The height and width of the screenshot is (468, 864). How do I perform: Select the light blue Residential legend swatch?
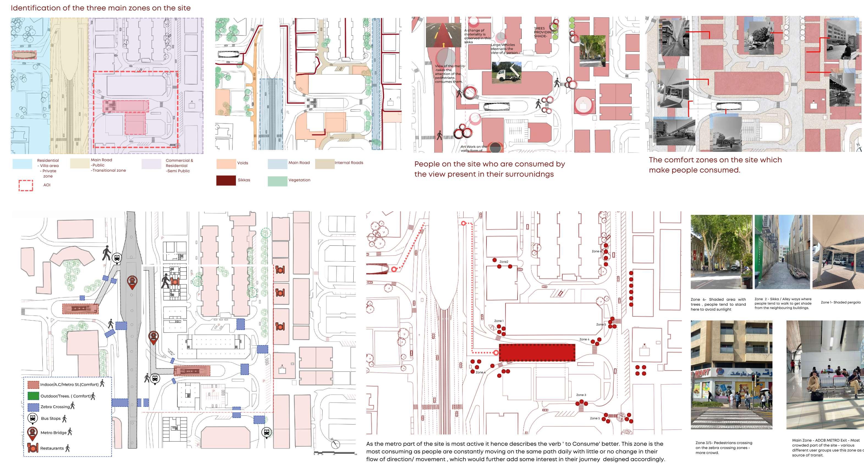tap(22, 164)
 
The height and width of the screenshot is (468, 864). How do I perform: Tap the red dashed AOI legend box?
tap(26, 185)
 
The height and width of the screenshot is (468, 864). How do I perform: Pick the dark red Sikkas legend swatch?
tap(226, 180)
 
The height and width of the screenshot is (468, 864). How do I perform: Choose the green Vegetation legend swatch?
tap(277, 181)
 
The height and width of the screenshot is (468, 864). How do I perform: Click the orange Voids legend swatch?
tap(226, 163)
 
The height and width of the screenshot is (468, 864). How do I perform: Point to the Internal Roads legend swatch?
tap(324, 163)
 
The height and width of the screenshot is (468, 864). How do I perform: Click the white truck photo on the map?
tap(507, 72)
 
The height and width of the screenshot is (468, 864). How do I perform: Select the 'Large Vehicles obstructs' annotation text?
tap(504, 49)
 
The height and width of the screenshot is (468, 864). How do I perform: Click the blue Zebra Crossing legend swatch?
tap(33, 407)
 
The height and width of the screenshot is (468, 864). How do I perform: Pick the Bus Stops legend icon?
tap(32, 418)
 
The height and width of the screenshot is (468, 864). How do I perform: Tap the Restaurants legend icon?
tap(32, 448)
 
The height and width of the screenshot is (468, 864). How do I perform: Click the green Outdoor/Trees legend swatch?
tap(33, 396)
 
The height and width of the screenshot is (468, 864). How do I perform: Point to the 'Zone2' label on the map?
tap(503, 262)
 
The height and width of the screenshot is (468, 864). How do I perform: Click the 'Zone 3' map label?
tap(581, 395)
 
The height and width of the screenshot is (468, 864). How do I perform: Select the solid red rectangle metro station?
tap(537, 352)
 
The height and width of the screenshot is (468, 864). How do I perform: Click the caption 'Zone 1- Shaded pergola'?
tap(840, 302)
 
